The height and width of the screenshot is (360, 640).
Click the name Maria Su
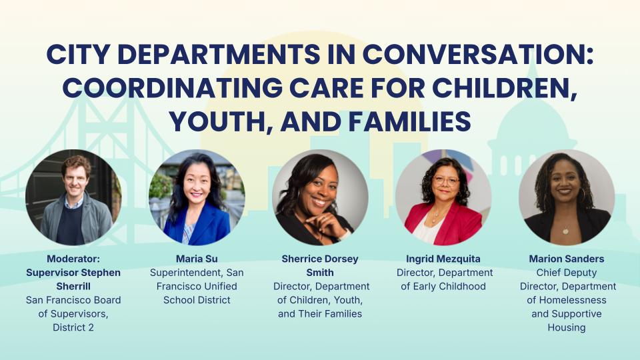click(197, 258)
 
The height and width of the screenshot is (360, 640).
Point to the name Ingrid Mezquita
click(443, 258)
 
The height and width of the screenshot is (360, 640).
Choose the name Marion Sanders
click(567, 258)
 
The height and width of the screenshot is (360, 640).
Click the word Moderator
click(73, 258)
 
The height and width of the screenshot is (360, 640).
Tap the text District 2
click(74, 327)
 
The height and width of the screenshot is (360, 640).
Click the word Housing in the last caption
click(567, 327)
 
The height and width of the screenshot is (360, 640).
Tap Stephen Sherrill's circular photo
click(73, 197)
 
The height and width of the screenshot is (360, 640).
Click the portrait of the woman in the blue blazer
click(197, 197)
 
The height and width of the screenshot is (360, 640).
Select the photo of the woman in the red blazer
click(443, 197)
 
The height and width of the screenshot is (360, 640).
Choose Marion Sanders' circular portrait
click(567, 197)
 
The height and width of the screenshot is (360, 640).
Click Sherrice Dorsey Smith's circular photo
click(320, 197)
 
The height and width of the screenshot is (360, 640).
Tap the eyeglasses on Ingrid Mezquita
click(445, 181)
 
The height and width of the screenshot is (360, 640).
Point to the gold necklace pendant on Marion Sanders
click(567, 229)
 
